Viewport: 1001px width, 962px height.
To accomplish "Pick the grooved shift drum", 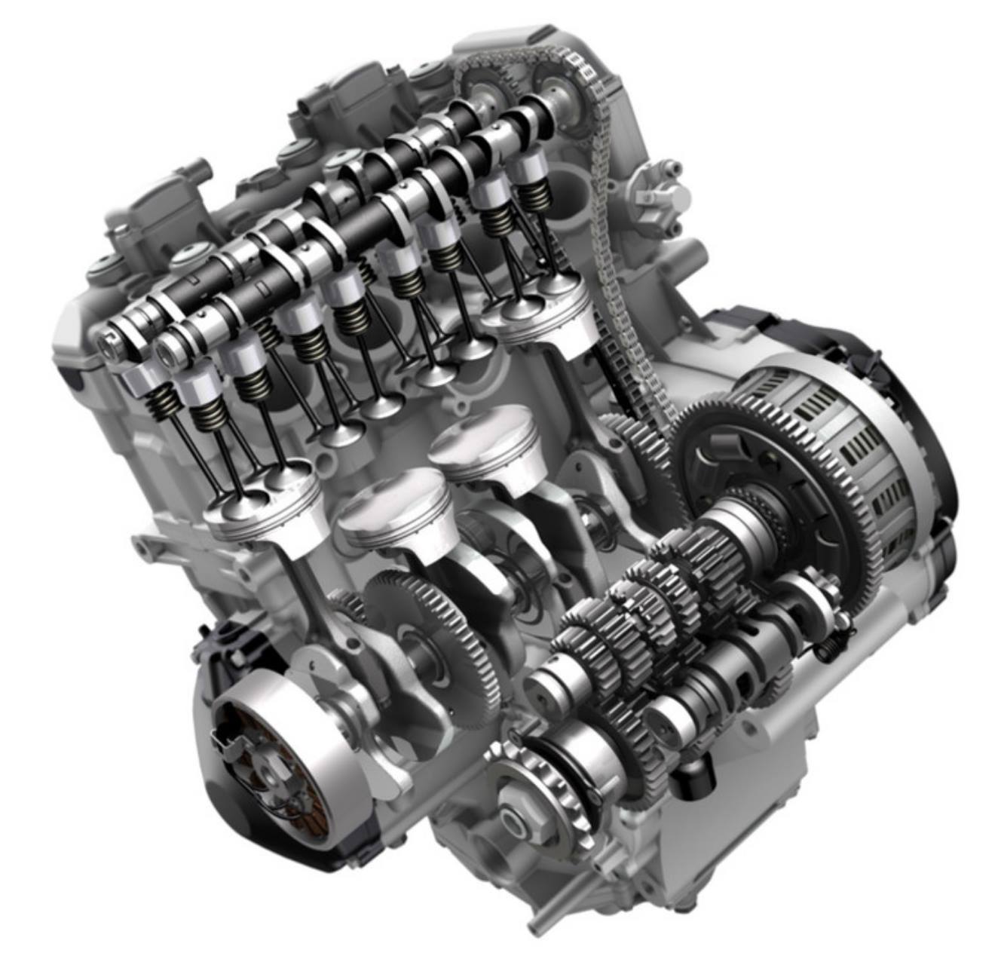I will (x=746, y=663).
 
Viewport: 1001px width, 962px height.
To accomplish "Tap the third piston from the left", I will (x=482, y=441).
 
